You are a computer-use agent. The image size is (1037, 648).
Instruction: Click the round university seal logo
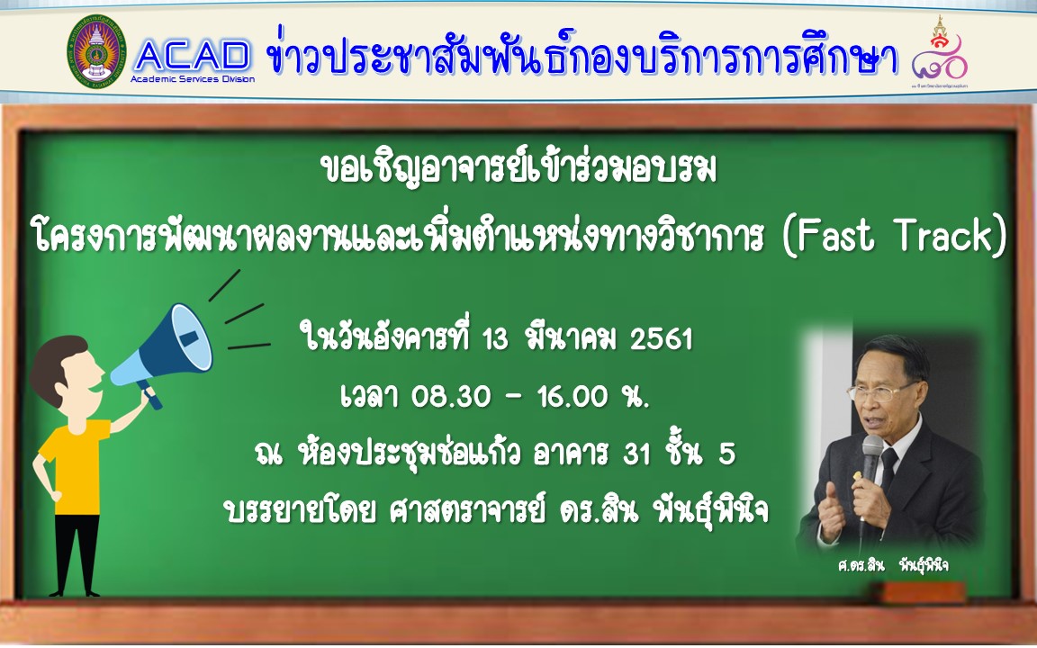coord(96,51)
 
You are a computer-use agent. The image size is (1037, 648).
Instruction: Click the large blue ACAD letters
coord(192,56)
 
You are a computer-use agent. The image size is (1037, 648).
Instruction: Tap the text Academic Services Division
coord(193,79)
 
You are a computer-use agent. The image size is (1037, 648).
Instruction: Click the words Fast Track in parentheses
coord(894,236)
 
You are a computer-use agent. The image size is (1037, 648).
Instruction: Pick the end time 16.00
coord(573,397)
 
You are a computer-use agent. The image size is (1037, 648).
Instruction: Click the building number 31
coord(636,454)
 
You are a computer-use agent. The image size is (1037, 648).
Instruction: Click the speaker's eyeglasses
coord(881,392)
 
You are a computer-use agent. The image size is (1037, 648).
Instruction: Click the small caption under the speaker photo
coord(892,565)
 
